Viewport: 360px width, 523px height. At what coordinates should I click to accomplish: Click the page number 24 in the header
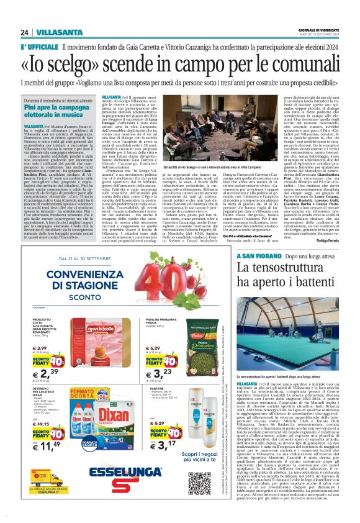coord(24,32)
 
